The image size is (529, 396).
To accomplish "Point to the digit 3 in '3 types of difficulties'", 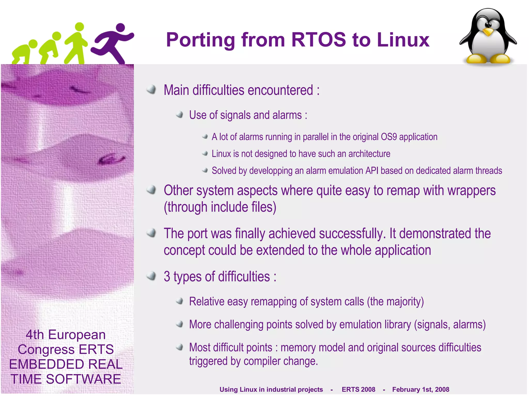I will pos(167,277).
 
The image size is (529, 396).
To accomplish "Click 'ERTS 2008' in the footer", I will pos(358,389).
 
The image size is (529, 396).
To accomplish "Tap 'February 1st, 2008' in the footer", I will pos(421,389).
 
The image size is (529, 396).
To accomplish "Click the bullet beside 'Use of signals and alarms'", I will pos(180,115).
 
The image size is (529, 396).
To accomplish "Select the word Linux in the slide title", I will pos(403,40).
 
